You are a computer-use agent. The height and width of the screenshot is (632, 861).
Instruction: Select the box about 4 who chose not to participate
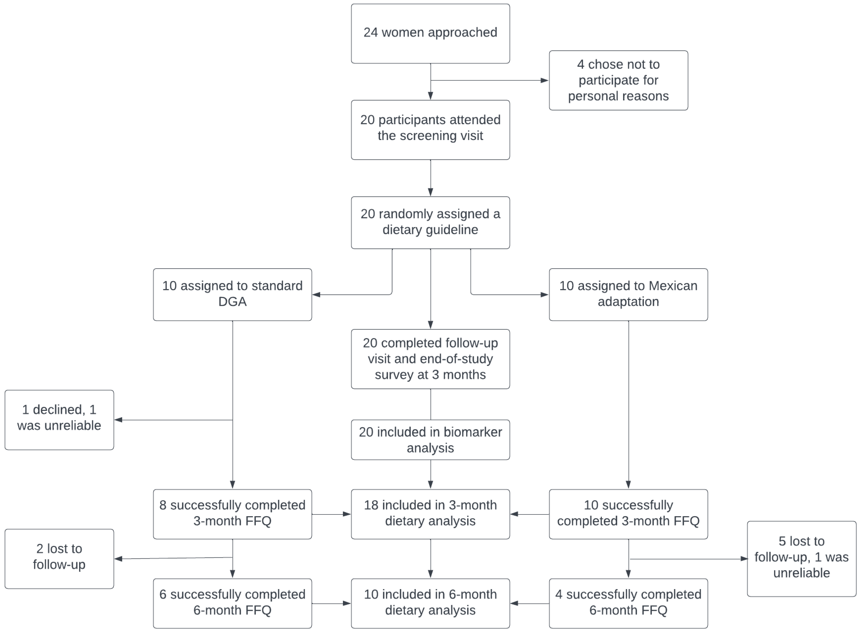[x=618, y=80]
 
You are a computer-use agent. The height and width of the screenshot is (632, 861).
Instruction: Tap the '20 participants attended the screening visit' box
[x=430, y=130]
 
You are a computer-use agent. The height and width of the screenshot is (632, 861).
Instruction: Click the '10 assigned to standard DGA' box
[x=232, y=294]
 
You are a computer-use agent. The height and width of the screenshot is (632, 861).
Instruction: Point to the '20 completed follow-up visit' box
[x=430, y=359]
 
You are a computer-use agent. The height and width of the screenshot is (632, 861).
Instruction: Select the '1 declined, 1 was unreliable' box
[x=59, y=420]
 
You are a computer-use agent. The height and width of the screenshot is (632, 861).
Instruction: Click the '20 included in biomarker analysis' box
[x=430, y=440]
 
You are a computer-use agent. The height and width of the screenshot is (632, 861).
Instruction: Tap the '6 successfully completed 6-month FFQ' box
[x=232, y=603]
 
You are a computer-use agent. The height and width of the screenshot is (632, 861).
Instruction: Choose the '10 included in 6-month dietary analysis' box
[x=430, y=603]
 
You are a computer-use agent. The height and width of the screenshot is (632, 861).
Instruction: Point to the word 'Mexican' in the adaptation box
[x=673, y=286]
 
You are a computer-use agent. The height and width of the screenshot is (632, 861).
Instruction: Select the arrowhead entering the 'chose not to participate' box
[x=545, y=80]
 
